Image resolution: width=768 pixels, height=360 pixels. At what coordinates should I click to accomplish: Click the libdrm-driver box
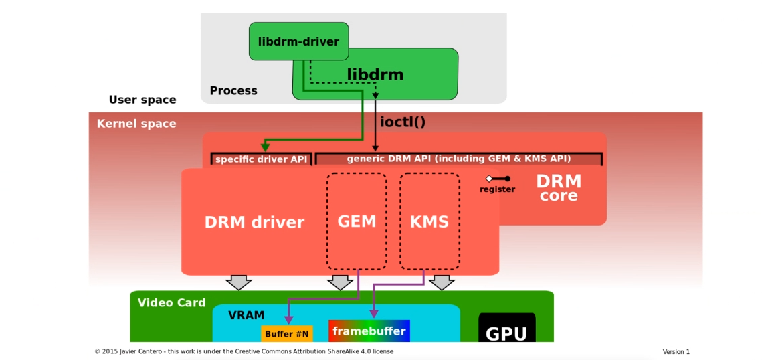[x=298, y=41]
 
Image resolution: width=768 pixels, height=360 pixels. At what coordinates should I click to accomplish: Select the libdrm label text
[x=375, y=74]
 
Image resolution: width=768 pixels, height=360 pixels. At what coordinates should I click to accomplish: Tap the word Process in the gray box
[x=233, y=91]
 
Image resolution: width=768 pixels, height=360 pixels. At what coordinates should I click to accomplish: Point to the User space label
[x=142, y=100]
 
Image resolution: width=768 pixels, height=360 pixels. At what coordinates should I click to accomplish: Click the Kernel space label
[x=136, y=124]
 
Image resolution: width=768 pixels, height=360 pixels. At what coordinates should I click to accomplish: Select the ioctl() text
[x=403, y=122]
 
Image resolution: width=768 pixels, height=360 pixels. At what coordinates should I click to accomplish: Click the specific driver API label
[x=261, y=159]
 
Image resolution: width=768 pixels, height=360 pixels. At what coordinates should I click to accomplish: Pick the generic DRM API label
[x=458, y=159]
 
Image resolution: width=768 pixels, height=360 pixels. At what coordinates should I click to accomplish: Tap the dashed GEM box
[x=357, y=221]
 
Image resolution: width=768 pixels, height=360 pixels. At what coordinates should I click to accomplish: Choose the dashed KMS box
[x=429, y=221]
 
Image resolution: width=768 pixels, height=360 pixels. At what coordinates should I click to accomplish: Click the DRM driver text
[x=254, y=222]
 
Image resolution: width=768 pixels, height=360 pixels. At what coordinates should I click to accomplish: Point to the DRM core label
[x=559, y=187]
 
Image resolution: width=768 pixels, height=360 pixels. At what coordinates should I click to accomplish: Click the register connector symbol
[x=498, y=179]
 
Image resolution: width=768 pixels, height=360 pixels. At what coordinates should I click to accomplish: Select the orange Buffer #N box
[x=287, y=333]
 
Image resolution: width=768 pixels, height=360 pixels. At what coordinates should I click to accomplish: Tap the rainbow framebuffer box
[x=369, y=331]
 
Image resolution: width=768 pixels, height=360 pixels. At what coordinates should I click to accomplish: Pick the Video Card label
[x=171, y=302]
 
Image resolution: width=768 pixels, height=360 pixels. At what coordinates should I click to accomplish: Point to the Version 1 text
[x=676, y=352]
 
